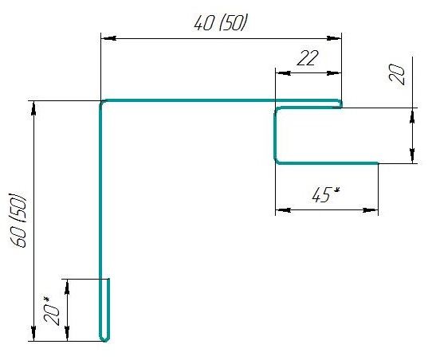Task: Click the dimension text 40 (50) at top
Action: (x=220, y=22)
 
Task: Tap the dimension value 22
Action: (x=307, y=58)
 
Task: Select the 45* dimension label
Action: (x=326, y=194)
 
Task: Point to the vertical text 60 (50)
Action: (x=18, y=220)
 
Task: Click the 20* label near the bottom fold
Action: (x=51, y=311)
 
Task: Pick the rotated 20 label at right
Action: (x=396, y=73)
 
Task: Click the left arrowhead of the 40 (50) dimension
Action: (x=108, y=38)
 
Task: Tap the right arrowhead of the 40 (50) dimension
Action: (x=334, y=38)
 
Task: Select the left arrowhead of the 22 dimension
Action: (x=283, y=73)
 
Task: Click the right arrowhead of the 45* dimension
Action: (x=371, y=210)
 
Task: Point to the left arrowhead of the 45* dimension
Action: (x=283, y=210)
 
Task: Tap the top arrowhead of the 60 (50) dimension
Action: (x=33, y=108)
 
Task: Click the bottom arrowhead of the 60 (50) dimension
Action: (x=33, y=334)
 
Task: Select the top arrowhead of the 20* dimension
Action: (x=67, y=287)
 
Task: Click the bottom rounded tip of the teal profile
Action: (x=104, y=340)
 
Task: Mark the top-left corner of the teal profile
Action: (x=101, y=101)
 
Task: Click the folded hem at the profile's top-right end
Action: (x=340, y=104)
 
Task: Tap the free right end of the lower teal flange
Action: (x=377, y=163)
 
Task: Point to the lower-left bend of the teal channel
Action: (x=276, y=162)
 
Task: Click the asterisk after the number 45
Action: (x=336, y=190)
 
